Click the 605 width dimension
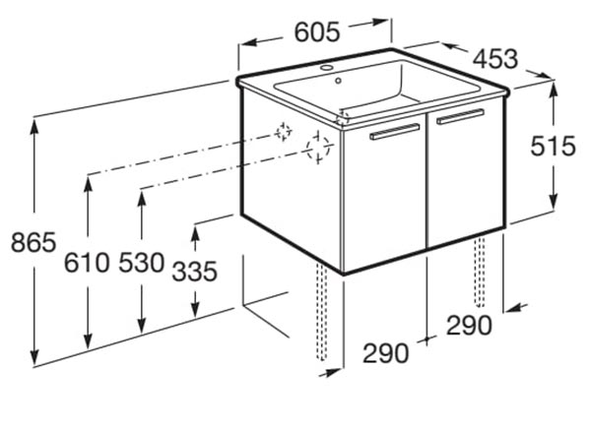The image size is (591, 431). point(317,31)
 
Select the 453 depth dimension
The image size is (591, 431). point(495,59)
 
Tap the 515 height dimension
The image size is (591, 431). point(553,146)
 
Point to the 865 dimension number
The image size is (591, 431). point(33,242)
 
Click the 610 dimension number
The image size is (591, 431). point(87,263)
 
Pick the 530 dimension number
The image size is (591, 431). point(142,263)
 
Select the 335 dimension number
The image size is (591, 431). point(194,271)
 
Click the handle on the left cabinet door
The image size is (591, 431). point(395,132)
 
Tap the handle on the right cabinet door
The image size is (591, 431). point(460,117)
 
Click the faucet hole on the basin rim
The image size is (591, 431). point(326,68)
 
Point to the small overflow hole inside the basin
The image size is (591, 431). point(338,80)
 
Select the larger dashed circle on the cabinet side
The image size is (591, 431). point(318,148)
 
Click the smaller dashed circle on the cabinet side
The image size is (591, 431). point(283,132)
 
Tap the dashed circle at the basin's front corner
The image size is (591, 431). point(343,117)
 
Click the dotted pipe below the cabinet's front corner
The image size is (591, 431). point(321,311)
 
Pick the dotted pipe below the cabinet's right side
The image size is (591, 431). point(480,272)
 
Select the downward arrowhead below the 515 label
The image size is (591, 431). point(553,201)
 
